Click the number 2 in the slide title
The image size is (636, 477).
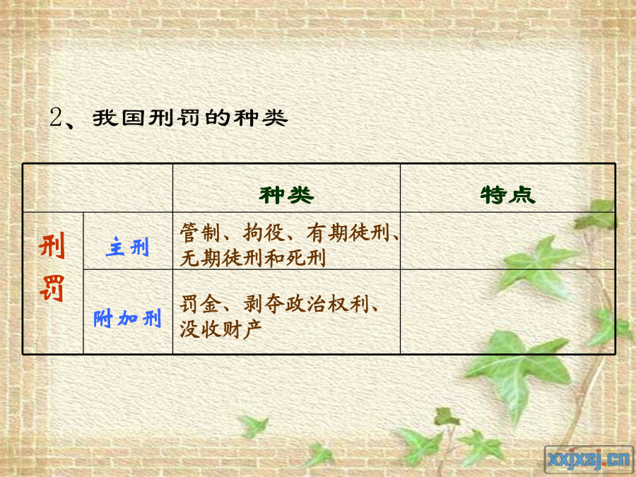coord(57,117)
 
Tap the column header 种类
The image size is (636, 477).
coord(286,195)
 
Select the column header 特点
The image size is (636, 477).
coord(508,195)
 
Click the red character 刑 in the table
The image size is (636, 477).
coord(52,246)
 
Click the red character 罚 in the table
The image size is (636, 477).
coord(52,288)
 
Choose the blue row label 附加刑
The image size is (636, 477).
coord(128,318)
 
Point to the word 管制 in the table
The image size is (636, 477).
coord(201,232)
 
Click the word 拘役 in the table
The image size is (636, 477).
coord(264,232)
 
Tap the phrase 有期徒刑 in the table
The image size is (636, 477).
coord(348,232)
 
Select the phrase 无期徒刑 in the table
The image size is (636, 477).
coord(221,258)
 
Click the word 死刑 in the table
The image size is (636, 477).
coord(306,258)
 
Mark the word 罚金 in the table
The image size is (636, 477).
coord(201,304)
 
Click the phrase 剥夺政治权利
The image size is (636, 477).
coord(306,304)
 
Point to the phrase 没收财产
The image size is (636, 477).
coord(221,329)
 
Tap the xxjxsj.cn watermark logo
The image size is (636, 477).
coord(589,459)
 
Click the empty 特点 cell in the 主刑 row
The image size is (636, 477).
coord(508,241)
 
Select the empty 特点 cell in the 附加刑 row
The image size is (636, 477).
coord(508,312)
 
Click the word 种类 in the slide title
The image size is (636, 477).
coord(261,118)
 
